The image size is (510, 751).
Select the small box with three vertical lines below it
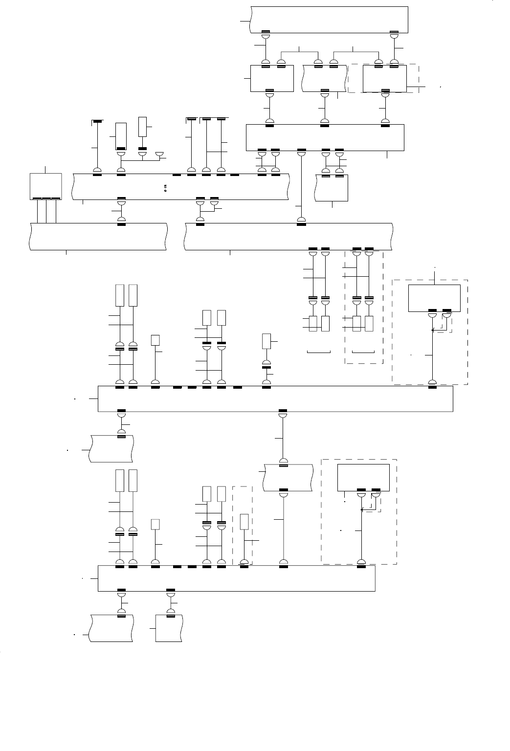(46, 186)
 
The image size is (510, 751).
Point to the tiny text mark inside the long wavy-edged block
(165, 187)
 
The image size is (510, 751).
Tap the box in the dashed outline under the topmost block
(385, 78)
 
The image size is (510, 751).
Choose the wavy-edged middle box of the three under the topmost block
(323, 78)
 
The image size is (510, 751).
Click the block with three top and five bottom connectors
(325, 137)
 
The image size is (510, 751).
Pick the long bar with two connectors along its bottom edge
(237, 578)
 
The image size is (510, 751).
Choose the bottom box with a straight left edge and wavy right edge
(169, 629)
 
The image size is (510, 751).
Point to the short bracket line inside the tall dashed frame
(364, 352)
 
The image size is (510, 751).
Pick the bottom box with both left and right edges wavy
(111, 629)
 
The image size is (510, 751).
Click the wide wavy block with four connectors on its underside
(288, 236)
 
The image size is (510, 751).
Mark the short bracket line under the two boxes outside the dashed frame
(318, 352)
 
